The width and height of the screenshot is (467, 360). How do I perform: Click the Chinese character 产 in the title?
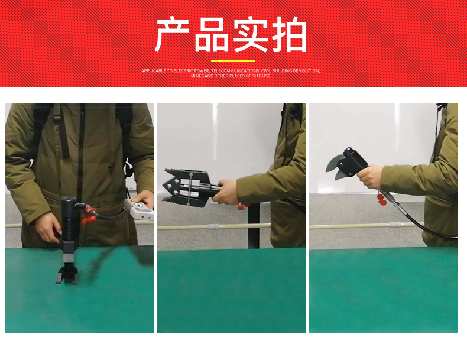(172, 35)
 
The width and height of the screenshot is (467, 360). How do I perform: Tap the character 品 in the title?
(212, 35)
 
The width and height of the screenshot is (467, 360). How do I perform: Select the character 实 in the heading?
(251, 35)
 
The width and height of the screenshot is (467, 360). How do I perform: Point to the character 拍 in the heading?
(290, 35)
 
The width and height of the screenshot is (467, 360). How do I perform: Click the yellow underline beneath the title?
(232, 61)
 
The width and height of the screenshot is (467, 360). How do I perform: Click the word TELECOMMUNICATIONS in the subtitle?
(235, 71)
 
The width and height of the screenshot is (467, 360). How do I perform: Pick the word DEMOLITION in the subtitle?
(306, 71)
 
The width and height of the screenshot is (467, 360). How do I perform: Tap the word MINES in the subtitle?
(197, 76)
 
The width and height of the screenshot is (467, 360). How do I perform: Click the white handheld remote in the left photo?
(139, 210)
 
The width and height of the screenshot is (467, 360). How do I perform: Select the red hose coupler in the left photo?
(89, 216)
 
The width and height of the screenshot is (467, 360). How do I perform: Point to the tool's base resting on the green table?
(67, 276)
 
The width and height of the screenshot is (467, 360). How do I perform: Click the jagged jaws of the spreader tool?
(172, 187)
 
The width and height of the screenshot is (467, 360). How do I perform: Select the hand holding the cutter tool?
(369, 177)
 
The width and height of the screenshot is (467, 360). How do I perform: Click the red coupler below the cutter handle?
(381, 199)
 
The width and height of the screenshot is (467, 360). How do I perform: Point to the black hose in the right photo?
(422, 222)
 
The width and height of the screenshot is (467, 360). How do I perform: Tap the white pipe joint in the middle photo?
(213, 226)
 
